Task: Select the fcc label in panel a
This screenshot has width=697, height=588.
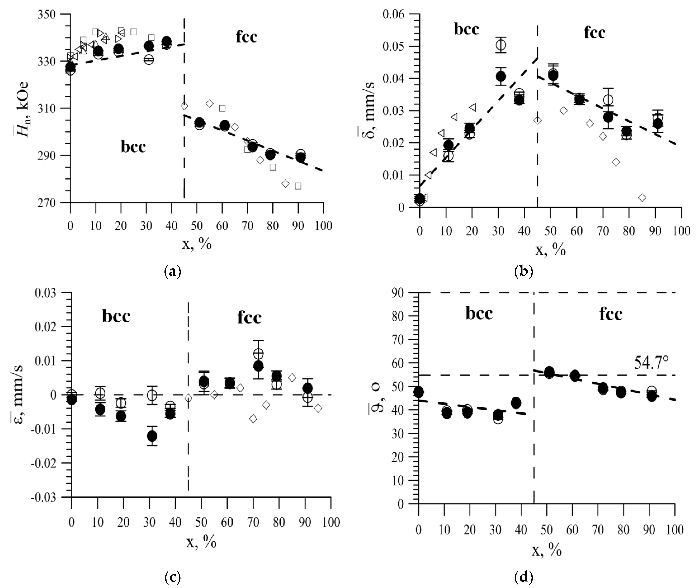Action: tap(247, 37)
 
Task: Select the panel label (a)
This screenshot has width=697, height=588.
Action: tap(173, 272)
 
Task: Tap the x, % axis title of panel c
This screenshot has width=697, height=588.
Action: tap(201, 543)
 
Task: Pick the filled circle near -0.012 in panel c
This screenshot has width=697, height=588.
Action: tap(152, 436)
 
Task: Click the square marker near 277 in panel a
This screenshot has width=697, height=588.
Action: tap(298, 186)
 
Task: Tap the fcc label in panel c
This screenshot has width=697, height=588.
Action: tap(249, 318)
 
